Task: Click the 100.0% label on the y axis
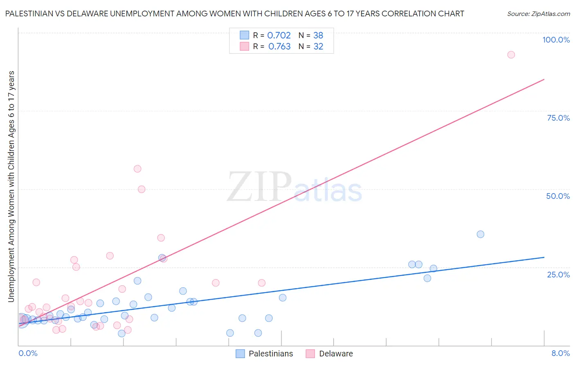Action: pyautogui.click(x=556, y=40)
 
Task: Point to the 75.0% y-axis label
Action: pyautogui.click(x=558, y=118)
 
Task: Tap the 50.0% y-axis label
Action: pyautogui.click(x=558, y=196)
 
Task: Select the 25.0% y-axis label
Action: pyautogui.click(x=558, y=274)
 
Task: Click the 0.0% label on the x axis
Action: pyautogui.click(x=28, y=353)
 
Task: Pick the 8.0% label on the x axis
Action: pyautogui.click(x=560, y=353)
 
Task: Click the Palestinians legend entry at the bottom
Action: pyautogui.click(x=271, y=354)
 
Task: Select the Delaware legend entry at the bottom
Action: pyautogui.click(x=336, y=354)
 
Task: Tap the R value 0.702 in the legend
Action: pyautogui.click(x=279, y=35)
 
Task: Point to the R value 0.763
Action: pyautogui.click(x=279, y=46)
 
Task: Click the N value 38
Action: pyautogui.click(x=318, y=35)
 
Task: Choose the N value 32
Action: pyautogui.click(x=318, y=46)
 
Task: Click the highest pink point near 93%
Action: pyautogui.click(x=511, y=55)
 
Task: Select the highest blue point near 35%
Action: pyautogui.click(x=481, y=234)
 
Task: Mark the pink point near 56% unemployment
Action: pyautogui.click(x=137, y=169)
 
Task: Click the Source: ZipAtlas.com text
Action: pyautogui.click(x=538, y=14)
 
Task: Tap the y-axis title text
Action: pyautogui.click(x=11, y=186)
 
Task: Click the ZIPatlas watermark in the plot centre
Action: pyautogui.click(x=294, y=187)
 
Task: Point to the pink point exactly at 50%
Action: pyautogui.click(x=142, y=189)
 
